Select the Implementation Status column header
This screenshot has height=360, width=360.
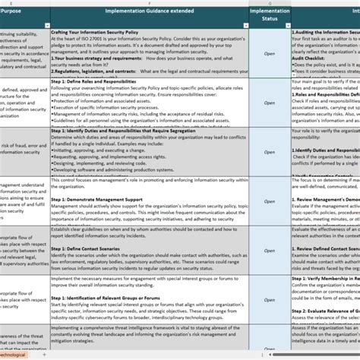(269, 14)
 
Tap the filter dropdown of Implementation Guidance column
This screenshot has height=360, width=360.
(245, 25)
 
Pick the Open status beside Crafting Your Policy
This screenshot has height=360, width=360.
(269, 54)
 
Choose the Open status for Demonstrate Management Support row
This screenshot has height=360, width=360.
(269, 201)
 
